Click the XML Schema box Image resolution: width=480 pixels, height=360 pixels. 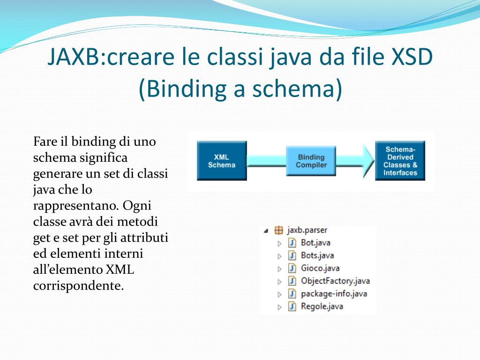click(x=222, y=161)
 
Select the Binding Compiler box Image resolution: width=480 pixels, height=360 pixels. click(x=311, y=161)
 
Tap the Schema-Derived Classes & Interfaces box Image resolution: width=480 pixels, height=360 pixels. click(x=400, y=161)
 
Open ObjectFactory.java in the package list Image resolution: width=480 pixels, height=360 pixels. click(x=335, y=281)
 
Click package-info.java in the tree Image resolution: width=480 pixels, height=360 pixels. click(x=333, y=293)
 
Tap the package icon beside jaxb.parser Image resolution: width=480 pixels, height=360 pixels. click(x=279, y=230)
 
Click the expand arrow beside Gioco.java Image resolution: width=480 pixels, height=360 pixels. click(x=279, y=269)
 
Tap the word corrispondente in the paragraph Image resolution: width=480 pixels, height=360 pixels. click(x=78, y=285)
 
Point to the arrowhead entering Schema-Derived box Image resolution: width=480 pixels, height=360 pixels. click(x=367, y=161)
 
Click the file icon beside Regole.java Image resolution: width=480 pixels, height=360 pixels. click(x=292, y=306)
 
